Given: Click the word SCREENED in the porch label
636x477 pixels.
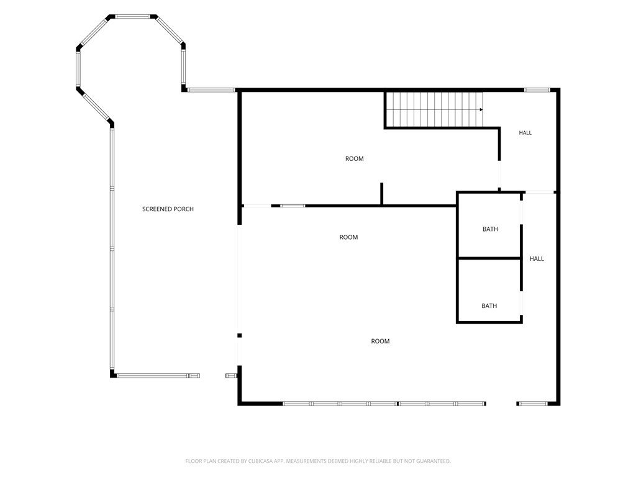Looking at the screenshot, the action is (156, 209).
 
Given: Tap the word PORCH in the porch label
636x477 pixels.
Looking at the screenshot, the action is (183, 209).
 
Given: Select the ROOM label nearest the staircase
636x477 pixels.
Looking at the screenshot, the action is (354, 159).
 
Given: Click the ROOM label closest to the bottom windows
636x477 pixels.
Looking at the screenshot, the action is (380, 342).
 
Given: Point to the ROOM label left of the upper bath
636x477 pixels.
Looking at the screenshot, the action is (348, 237).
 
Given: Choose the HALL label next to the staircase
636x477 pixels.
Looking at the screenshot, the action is (525, 133).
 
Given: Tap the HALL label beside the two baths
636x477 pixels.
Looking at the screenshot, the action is (537, 259).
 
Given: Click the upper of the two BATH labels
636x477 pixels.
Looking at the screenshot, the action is (490, 229).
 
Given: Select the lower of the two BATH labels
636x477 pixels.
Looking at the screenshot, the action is (489, 306).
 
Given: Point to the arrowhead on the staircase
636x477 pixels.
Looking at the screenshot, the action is (481, 109).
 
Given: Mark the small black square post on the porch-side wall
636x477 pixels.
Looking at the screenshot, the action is (239, 335).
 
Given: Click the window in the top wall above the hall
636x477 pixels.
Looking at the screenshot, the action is (537, 90).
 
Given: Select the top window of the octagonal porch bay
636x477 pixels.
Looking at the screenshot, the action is (133, 17).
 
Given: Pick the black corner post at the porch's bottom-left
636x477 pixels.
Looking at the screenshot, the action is (113, 373).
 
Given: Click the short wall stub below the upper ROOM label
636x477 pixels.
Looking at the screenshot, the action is (382, 194).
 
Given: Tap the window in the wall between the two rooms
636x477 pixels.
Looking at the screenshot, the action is (293, 206).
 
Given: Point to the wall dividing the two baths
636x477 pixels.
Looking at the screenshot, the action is (489, 258).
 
